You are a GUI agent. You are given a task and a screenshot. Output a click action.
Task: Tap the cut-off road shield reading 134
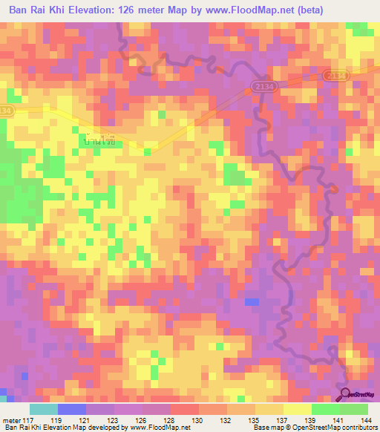point(6,110)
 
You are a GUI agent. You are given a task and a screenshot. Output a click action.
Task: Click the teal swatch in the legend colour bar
point(43,409)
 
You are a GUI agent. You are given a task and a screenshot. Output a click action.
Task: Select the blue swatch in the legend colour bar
point(71,409)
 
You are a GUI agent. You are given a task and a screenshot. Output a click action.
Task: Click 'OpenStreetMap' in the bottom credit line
point(321,428)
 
